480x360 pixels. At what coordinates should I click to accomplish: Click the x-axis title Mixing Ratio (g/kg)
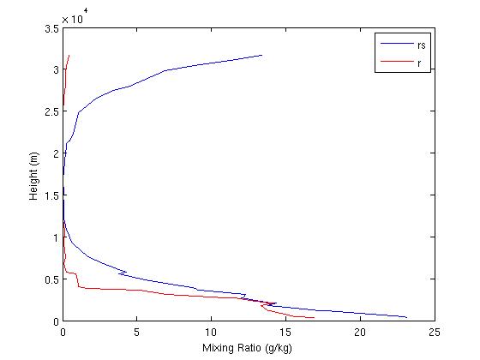[249, 348]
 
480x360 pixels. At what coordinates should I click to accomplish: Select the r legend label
[419, 63]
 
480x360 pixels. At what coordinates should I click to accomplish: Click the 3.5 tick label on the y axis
[51, 28]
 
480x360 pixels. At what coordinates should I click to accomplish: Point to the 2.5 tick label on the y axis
[51, 111]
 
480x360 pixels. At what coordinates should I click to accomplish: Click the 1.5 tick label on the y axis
[51, 195]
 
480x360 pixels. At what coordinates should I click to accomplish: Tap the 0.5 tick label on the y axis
[51, 279]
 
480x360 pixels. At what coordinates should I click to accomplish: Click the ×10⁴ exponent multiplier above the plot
[74, 16]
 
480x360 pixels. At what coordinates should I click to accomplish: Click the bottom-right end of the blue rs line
[406, 316]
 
